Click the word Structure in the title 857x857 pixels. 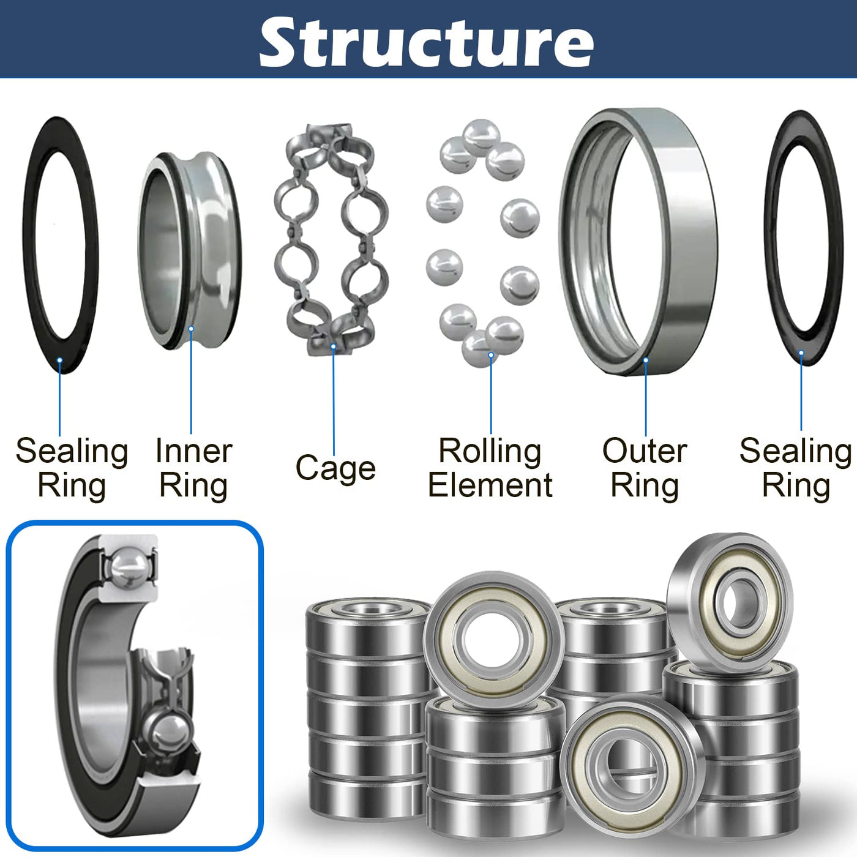(x=427, y=42)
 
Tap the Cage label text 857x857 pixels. (x=335, y=468)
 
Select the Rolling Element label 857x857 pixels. (x=490, y=468)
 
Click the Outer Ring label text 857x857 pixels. (x=645, y=468)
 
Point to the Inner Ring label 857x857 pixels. (x=193, y=468)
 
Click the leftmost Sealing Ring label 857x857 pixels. (x=72, y=468)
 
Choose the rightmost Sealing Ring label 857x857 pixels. (x=795, y=468)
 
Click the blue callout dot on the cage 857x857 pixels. (x=334, y=347)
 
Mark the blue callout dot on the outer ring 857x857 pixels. (x=646, y=361)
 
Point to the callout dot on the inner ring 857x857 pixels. (x=191, y=329)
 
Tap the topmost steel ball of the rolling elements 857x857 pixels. (x=481, y=136)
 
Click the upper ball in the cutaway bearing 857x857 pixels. (x=129, y=567)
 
